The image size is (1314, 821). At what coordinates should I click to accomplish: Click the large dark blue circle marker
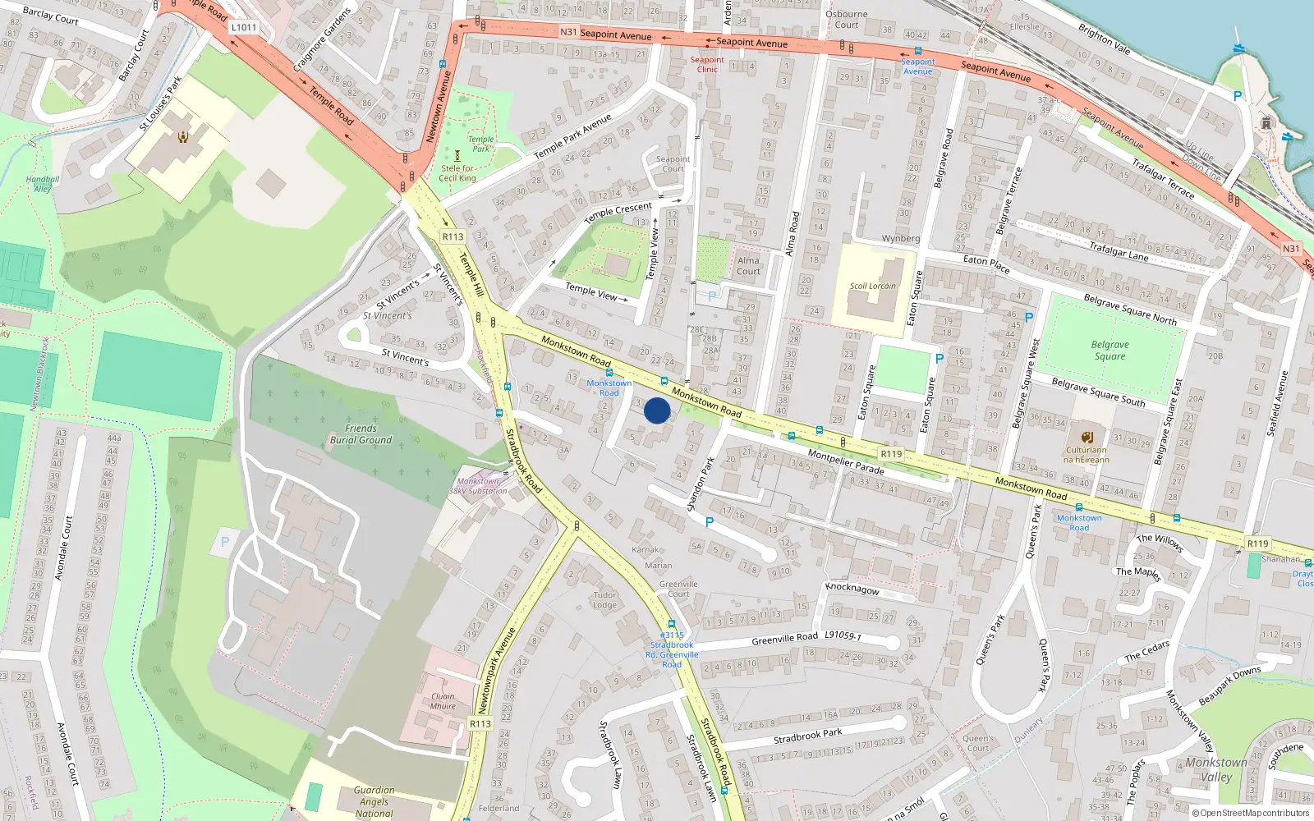(657, 410)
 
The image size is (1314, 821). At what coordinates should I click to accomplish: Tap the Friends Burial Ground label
(361, 434)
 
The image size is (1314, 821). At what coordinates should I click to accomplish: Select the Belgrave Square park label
(1110, 351)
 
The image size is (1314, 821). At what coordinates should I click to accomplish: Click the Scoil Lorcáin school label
(872, 287)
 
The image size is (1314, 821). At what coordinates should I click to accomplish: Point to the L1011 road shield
(244, 27)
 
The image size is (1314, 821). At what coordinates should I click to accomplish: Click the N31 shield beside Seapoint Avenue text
(568, 32)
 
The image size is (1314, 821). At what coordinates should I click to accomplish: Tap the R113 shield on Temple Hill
(453, 236)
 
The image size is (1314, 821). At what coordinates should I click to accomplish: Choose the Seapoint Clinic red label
(707, 64)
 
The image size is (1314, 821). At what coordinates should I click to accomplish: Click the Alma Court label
(748, 265)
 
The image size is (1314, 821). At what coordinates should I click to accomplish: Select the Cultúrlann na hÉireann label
(1087, 455)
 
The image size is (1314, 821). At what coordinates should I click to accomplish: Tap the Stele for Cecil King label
(457, 173)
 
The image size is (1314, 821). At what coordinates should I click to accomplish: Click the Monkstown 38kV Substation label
(478, 486)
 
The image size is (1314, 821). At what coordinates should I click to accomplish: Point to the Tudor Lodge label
(604, 600)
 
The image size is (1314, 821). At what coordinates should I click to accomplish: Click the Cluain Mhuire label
(443, 701)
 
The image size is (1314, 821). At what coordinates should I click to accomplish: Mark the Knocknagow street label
(852, 589)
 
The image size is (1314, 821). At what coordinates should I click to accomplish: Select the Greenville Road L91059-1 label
(806, 637)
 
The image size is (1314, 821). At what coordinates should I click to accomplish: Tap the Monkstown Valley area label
(1215, 769)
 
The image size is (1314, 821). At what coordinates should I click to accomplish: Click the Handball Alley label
(43, 184)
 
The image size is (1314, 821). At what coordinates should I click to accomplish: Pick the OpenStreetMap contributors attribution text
(1250, 813)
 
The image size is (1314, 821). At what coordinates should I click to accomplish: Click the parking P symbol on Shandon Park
(710, 522)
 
